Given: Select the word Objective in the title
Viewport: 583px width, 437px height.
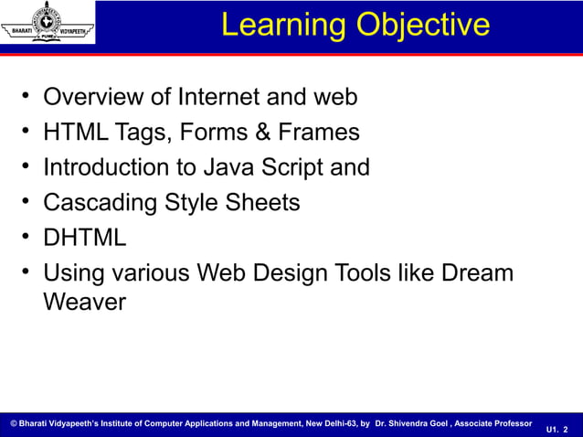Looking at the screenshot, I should (x=423, y=25).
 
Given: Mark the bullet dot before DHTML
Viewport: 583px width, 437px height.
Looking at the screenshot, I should (x=28, y=238).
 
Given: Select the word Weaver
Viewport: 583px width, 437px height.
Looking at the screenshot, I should (x=84, y=303).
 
